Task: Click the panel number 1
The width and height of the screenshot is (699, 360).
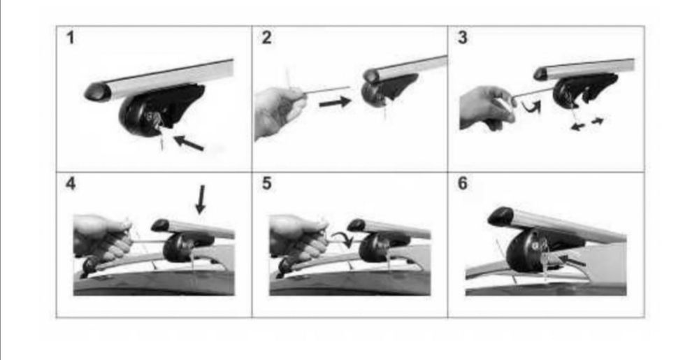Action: click(70, 38)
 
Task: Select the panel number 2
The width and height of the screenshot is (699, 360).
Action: click(266, 38)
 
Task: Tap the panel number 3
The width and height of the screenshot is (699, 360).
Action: click(463, 38)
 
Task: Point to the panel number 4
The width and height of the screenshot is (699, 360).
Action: click(71, 184)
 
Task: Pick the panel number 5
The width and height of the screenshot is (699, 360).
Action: click(266, 184)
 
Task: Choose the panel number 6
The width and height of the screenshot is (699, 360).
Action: click(463, 184)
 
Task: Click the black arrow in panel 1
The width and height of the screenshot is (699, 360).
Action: click(189, 143)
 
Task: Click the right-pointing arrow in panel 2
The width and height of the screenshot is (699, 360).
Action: click(336, 103)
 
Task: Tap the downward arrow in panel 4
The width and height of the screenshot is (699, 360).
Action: click(201, 199)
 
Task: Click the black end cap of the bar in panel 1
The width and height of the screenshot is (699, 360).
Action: click(98, 92)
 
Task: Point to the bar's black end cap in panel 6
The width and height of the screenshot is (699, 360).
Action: click(501, 216)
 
